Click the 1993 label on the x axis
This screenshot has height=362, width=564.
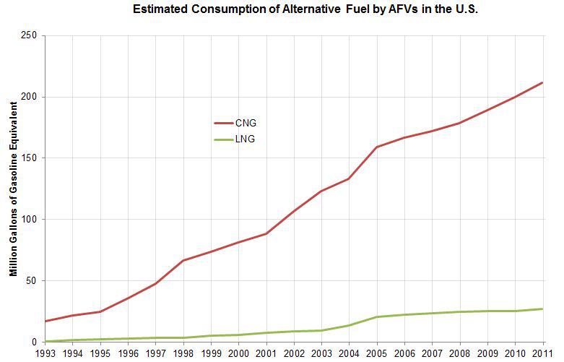point(45,353)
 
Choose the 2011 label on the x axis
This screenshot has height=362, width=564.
point(543,353)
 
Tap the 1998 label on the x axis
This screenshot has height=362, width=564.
point(183,353)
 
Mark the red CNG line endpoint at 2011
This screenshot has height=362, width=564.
point(543,82)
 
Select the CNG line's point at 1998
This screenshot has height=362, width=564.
point(183,260)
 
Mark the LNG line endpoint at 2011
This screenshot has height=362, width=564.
point(543,309)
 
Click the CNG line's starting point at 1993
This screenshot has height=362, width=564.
point(45,321)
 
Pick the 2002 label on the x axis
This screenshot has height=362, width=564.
point(294,353)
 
